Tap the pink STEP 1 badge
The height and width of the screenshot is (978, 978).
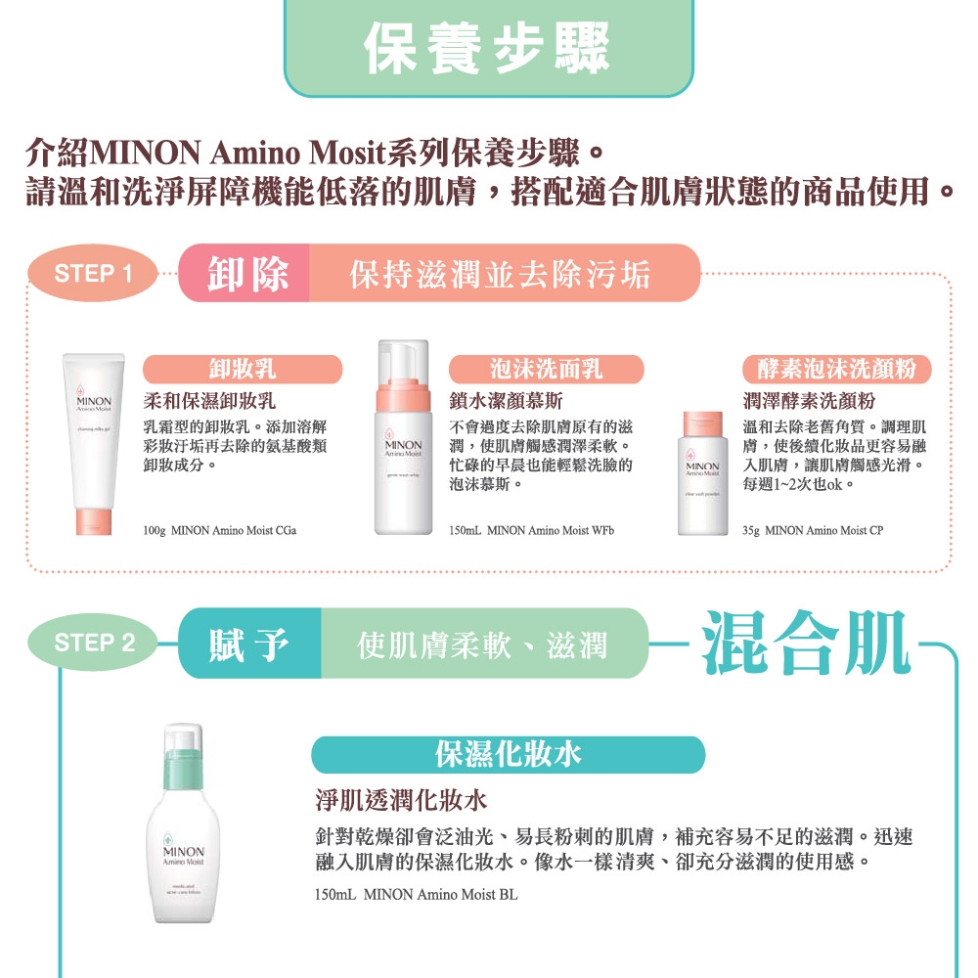93,274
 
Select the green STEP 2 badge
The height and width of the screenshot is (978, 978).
95,643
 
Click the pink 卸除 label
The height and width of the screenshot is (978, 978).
248,274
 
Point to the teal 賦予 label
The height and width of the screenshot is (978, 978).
248,644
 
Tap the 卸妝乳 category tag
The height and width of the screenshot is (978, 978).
243,370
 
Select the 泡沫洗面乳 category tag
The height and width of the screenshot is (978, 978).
546,370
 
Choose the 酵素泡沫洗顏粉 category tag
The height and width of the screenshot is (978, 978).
837,370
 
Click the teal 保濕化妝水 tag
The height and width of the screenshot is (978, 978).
508,754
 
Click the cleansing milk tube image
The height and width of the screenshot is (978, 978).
95,445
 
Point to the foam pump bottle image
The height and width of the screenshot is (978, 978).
402,437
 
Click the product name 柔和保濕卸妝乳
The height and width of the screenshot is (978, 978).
210,401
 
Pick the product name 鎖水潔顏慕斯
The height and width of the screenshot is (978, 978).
506,401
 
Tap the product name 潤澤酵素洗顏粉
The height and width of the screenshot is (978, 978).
809,401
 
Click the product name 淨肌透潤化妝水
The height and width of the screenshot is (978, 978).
400,803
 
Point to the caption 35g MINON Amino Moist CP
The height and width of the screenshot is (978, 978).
812,530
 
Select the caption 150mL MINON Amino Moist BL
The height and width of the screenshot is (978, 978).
416,894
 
